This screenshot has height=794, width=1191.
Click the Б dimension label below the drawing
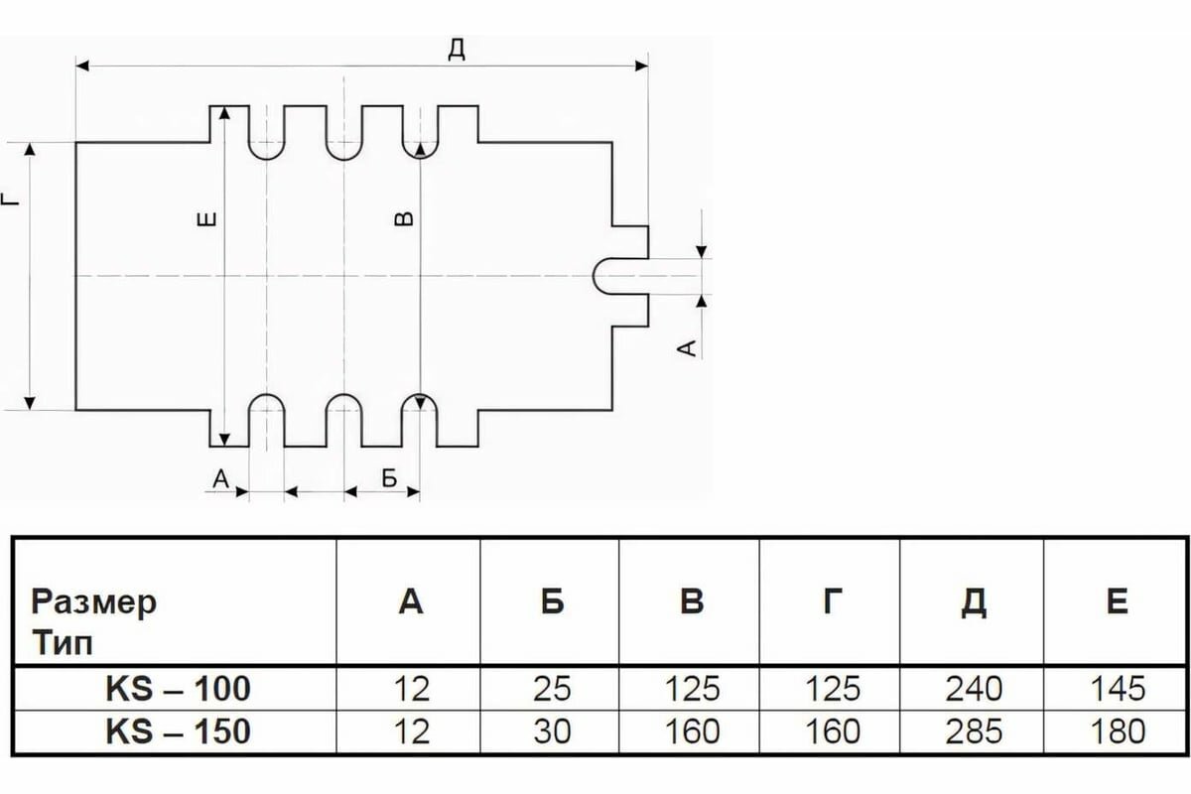(x=388, y=478)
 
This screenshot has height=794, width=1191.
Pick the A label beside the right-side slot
(x=684, y=346)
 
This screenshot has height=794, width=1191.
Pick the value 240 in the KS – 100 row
(x=974, y=689)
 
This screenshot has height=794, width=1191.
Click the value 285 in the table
(x=974, y=732)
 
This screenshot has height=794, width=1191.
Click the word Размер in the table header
(x=94, y=602)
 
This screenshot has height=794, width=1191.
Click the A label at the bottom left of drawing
(x=221, y=479)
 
